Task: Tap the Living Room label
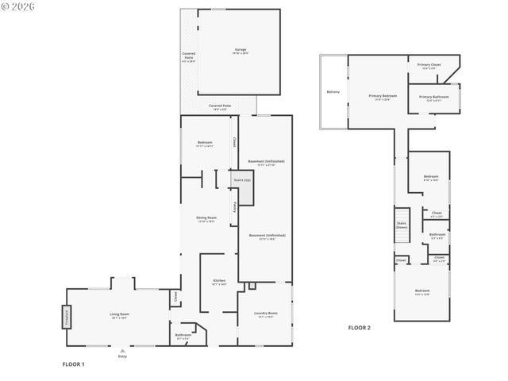119,315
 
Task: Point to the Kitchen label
219,282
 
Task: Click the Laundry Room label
265,314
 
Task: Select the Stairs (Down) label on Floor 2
402,225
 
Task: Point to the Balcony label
333,92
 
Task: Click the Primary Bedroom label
382,97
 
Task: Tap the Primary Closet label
429,65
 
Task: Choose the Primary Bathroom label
433,98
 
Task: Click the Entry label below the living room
122,356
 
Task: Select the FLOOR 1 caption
73,364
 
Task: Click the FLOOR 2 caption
359,328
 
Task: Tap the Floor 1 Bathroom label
183,336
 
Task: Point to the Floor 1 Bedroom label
205,143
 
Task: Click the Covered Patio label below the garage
220,106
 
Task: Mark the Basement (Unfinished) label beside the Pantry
266,236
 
